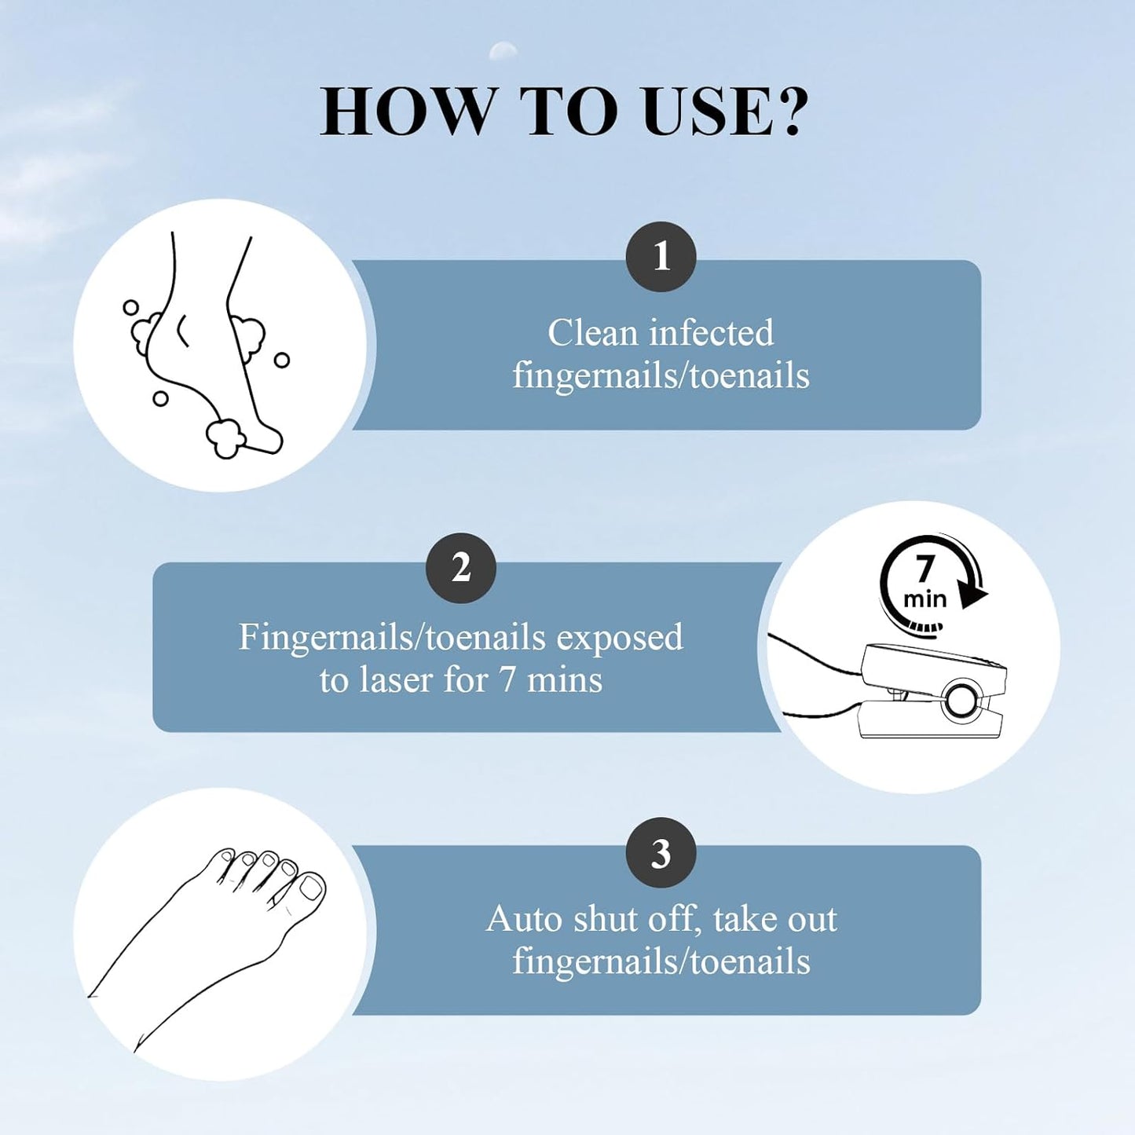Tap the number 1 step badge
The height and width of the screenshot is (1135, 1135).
(661, 256)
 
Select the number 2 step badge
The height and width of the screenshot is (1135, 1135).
(460, 567)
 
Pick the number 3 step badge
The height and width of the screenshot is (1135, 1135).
(661, 853)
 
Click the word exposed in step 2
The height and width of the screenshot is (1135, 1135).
(620, 637)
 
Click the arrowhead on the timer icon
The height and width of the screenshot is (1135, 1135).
(973, 595)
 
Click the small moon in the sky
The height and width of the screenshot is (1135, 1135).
(503, 52)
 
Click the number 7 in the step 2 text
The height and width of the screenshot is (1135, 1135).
(507, 679)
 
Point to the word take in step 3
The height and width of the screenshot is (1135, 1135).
(744, 919)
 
